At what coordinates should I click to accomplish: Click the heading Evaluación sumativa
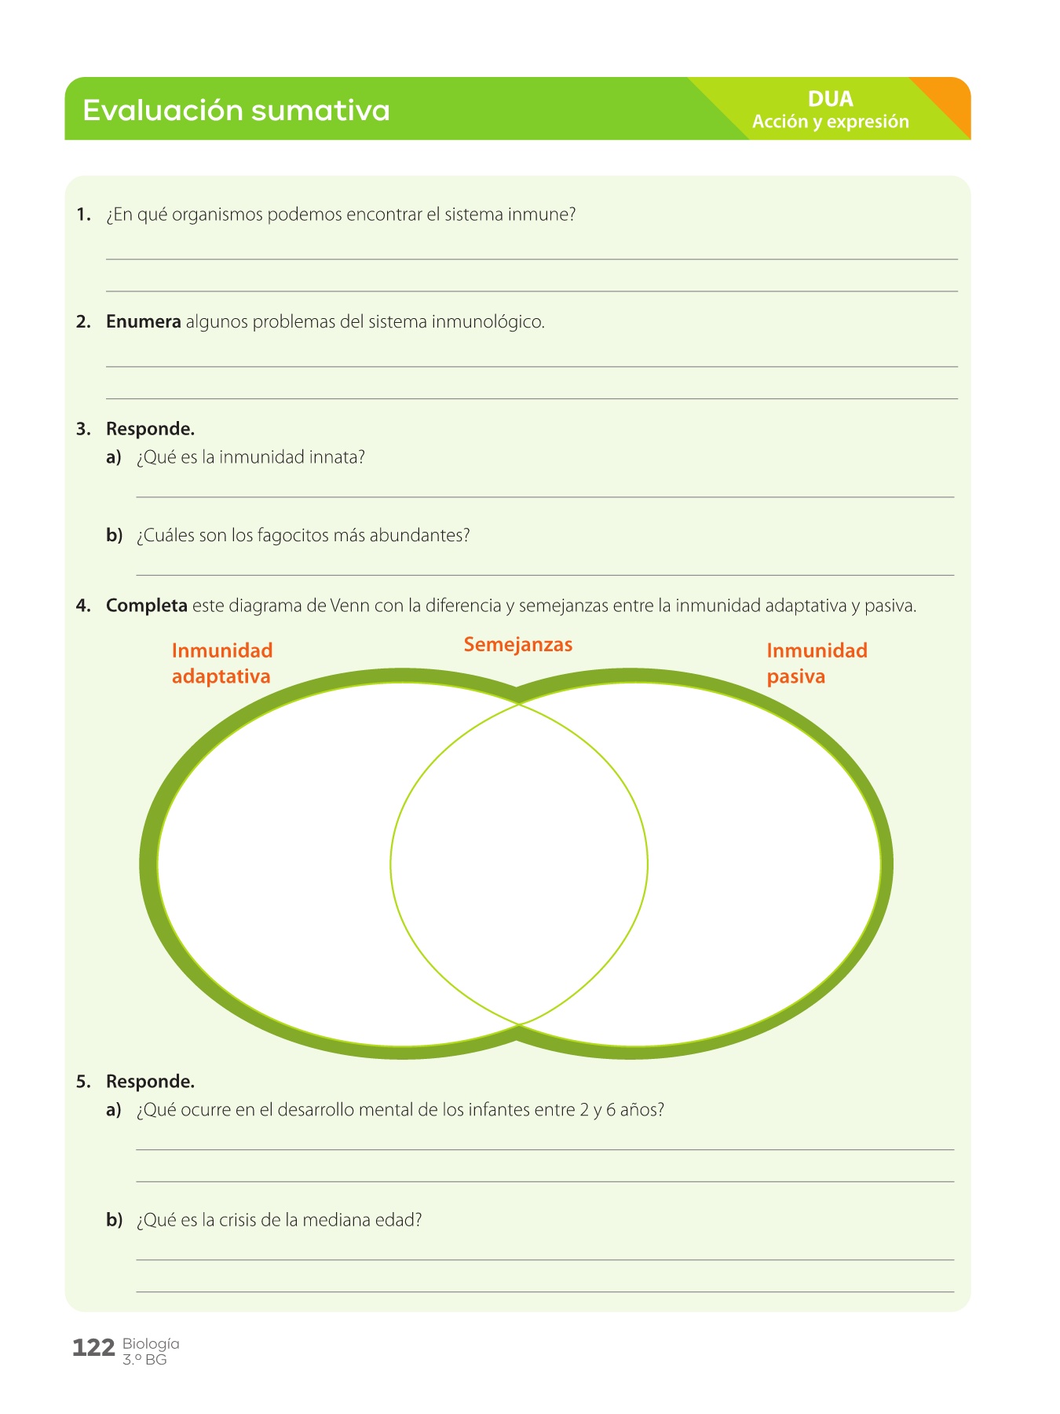(236, 110)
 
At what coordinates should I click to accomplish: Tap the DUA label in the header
(830, 99)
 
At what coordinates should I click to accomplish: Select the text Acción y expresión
(830, 122)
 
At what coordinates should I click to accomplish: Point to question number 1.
(83, 214)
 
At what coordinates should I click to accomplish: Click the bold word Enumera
(143, 322)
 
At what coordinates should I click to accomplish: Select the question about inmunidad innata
(250, 457)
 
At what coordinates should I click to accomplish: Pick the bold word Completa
(146, 606)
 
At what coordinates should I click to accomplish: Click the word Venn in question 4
(350, 606)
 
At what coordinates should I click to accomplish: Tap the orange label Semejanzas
(518, 645)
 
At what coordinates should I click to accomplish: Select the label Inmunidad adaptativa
(222, 663)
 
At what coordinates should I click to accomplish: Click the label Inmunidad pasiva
(817, 663)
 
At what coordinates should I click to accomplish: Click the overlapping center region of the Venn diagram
(518, 864)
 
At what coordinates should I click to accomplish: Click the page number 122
(93, 1348)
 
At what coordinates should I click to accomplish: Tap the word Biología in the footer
(151, 1343)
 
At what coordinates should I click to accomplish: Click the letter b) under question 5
(114, 1220)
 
